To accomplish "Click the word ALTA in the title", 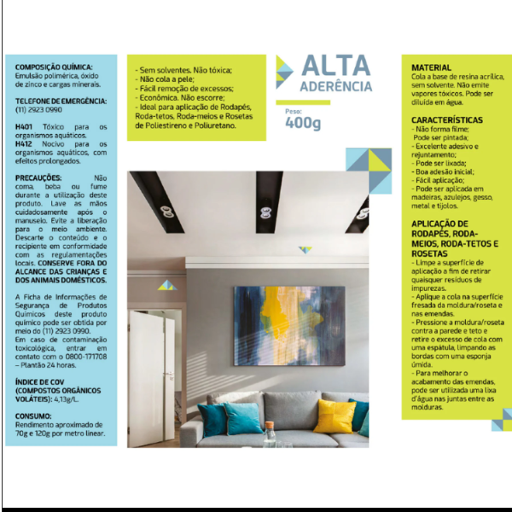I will point(335,66).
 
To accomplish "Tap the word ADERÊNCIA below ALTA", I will point(335,86).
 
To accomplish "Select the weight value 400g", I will point(303,123).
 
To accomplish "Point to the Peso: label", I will point(294,111).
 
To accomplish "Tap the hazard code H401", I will point(25,126).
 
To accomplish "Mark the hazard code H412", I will point(25,144).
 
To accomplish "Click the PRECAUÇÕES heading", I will point(38,177).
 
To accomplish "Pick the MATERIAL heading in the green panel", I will point(432,67).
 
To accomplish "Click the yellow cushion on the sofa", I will point(335,416).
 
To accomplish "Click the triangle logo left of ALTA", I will point(285,73).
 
